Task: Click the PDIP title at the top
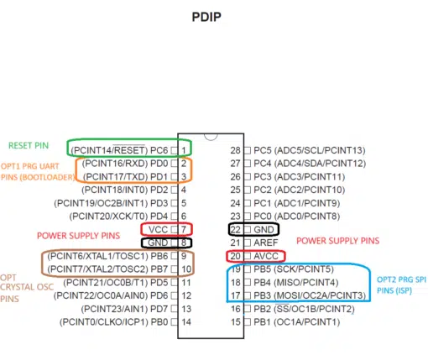coord(206,17)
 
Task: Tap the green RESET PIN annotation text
coord(29,145)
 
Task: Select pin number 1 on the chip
coord(184,150)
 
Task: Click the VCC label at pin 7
coord(158,230)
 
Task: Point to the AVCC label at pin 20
coord(266,256)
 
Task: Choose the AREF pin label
coord(266,243)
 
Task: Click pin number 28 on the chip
coord(235,150)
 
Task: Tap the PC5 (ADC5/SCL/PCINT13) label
coord(310,150)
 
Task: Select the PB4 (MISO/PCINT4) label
coord(296,283)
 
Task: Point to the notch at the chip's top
coord(211,137)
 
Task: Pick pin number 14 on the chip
coord(186,322)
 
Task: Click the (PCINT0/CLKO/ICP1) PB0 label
coord(113,322)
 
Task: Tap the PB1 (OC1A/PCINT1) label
coord(297,322)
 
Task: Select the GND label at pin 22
coord(264,230)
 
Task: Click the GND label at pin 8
coord(158,243)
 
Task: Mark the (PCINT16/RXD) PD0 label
coord(125,164)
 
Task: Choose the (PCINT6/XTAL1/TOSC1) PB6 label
coord(107,256)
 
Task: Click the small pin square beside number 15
coord(248,322)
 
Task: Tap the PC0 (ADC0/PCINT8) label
coord(297,217)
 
